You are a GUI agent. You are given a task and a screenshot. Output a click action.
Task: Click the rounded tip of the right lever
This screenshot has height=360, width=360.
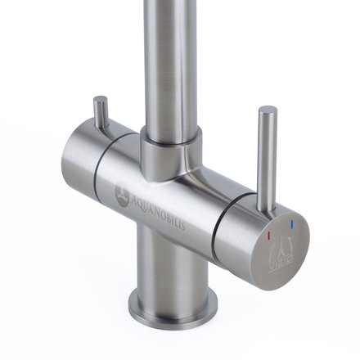268,110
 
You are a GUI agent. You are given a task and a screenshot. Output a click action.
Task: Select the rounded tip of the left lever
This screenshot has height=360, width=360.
99,100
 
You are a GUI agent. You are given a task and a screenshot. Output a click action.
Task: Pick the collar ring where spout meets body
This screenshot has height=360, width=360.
167,151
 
